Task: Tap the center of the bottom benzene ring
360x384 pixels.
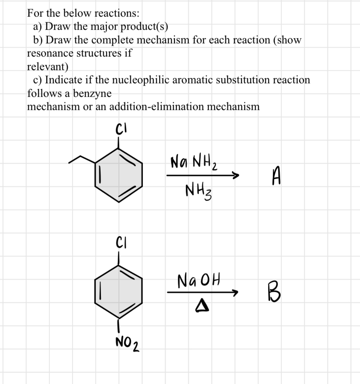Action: click(118, 291)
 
